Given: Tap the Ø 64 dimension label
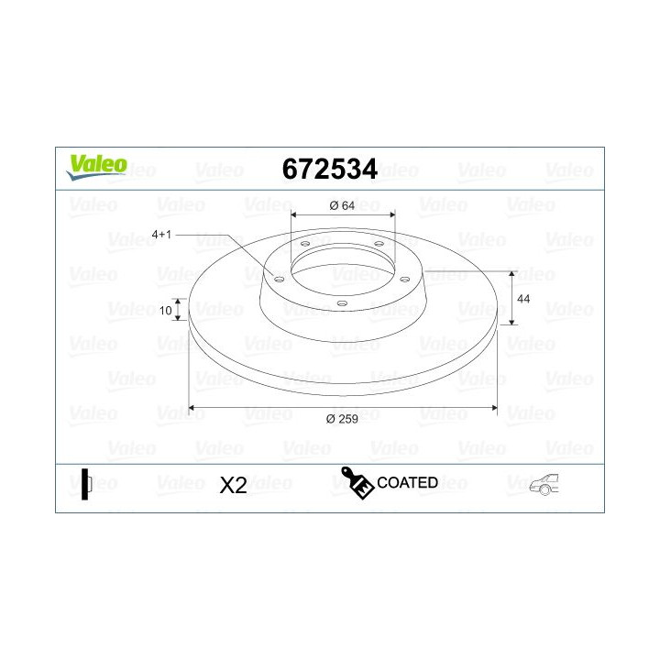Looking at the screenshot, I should [x=342, y=205].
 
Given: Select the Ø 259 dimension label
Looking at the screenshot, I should [x=342, y=419].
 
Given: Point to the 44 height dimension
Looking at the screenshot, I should [x=524, y=299].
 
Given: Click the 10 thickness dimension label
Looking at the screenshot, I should [x=166, y=311].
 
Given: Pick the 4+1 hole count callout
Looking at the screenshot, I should [x=161, y=234].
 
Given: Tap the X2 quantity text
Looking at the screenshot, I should [x=234, y=486].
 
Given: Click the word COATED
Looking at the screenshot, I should [x=407, y=482].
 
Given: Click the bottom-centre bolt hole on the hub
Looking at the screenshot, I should [x=341, y=303].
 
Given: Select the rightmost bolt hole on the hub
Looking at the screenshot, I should [x=404, y=279].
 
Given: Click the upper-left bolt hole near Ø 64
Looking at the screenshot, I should [x=304, y=244].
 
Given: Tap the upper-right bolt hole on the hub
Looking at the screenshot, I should [x=378, y=244].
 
